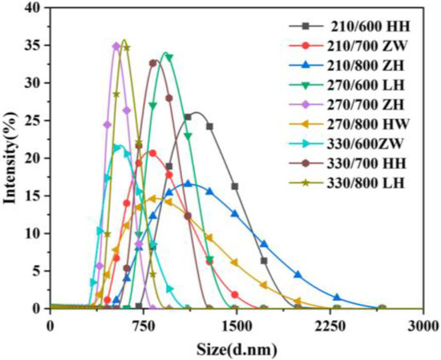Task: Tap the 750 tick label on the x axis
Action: tap(143, 325)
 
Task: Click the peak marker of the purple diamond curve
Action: tap(116, 47)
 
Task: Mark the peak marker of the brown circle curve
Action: tap(153, 63)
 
